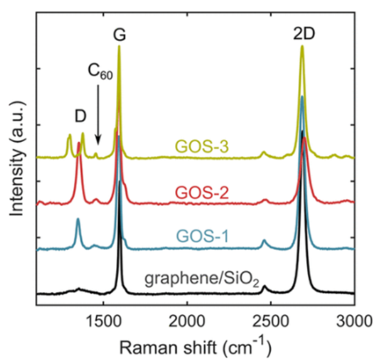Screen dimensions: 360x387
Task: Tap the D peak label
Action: point(79,116)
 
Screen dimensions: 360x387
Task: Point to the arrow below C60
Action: point(98,116)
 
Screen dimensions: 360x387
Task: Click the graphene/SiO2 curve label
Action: point(202,281)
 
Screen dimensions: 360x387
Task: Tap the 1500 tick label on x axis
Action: point(103,319)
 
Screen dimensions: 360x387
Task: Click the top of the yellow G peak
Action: point(119,47)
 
